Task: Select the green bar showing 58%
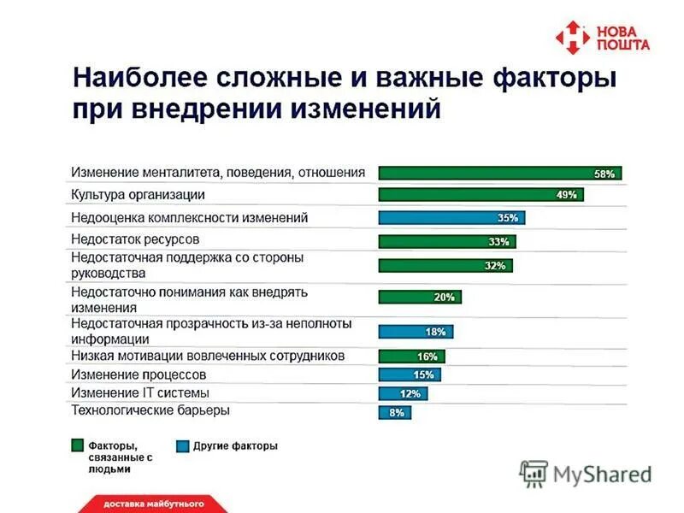499,173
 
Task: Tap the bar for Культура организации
481,195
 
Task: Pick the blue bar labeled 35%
451,218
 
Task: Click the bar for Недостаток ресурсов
447,241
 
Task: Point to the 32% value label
495,266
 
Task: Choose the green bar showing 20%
420,298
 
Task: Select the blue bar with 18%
416,332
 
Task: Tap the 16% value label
427,357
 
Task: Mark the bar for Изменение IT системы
403,394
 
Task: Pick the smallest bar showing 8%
395,413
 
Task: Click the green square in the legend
77,445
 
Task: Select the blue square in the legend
182,445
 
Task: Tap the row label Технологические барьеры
150,411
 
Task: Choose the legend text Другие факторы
235,445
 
